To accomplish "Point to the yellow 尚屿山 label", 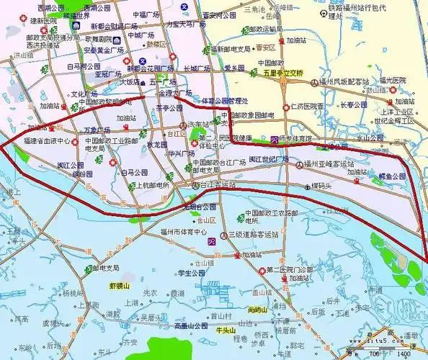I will click(257, 310).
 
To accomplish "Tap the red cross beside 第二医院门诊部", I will click(261, 270).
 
